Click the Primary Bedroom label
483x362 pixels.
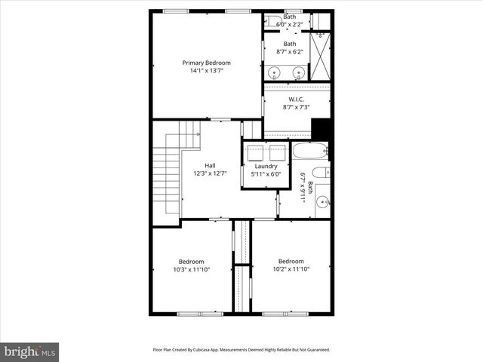click(x=206, y=63)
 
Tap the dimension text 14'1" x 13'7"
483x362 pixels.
click(x=206, y=71)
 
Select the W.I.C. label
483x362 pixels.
click(x=297, y=99)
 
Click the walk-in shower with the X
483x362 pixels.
click(x=322, y=57)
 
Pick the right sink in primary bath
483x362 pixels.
click(x=299, y=73)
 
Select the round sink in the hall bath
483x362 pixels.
click(x=323, y=201)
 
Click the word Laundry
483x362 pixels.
click(x=266, y=166)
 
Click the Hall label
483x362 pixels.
click(x=211, y=165)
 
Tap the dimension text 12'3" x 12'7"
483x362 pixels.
click(x=211, y=173)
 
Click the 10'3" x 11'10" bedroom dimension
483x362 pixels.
click(x=192, y=269)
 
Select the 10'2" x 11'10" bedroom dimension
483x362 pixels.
click(x=291, y=269)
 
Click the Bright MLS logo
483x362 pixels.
click(x=30, y=351)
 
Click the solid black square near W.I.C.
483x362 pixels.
click(x=321, y=129)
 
